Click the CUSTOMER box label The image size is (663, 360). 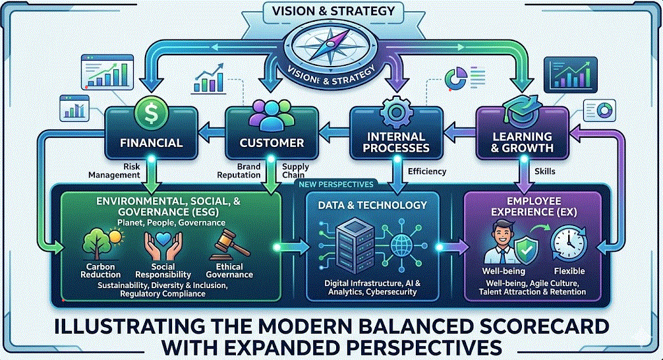272,142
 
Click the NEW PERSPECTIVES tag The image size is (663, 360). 335,185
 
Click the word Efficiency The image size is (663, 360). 427,171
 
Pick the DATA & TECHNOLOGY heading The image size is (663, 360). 372,205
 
